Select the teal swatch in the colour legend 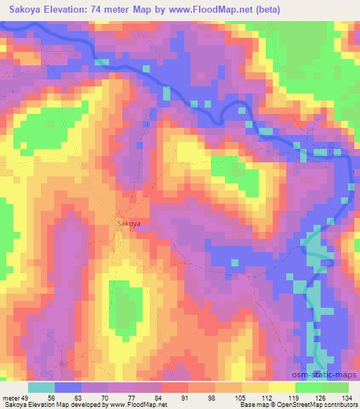[x=41, y=387]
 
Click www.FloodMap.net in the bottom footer [x=143, y=405]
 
